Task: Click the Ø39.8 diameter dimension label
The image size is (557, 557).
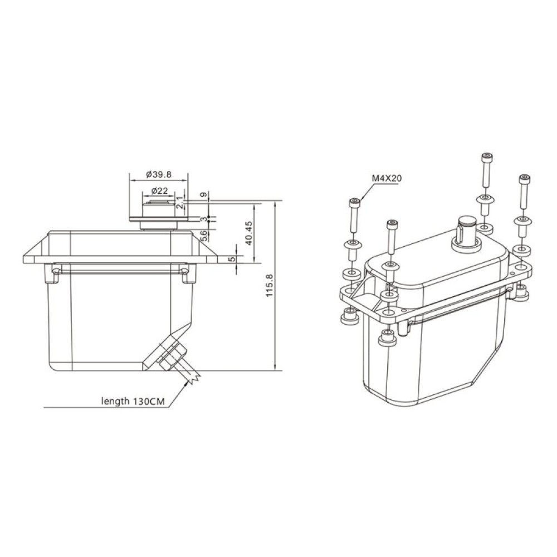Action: pyautogui.click(x=159, y=174)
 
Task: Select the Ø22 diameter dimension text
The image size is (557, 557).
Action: pyautogui.click(x=159, y=190)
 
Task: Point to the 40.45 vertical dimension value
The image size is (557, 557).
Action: pyautogui.click(x=249, y=233)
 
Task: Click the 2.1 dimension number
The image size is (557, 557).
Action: pyautogui.click(x=179, y=202)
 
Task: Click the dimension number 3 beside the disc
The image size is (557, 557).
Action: pyautogui.click(x=203, y=219)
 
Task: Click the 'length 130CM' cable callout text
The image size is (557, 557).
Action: pyautogui.click(x=131, y=400)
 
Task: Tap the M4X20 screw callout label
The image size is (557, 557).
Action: pyautogui.click(x=387, y=178)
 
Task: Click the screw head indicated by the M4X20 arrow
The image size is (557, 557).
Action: pyautogui.click(x=354, y=202)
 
